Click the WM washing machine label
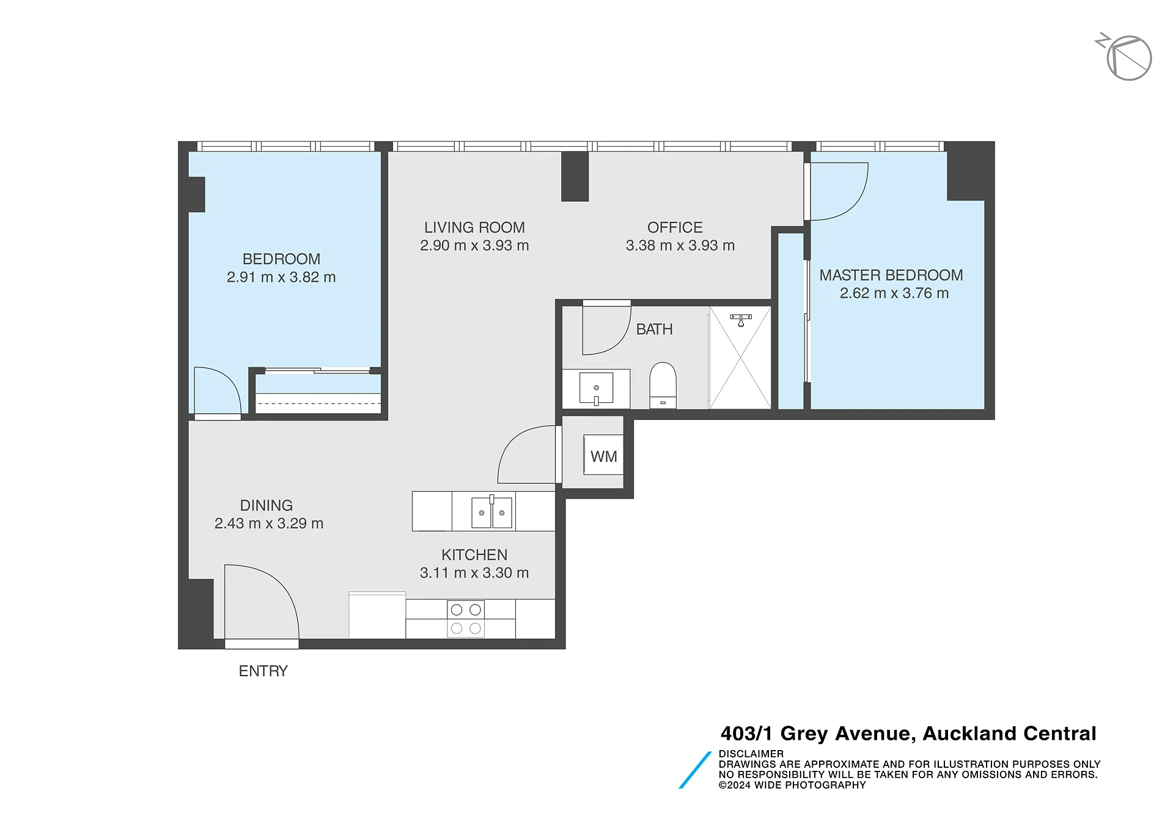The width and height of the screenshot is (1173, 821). click(x=603, y=457)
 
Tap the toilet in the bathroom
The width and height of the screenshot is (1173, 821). click(x=663, y=385)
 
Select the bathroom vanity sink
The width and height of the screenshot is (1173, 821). click(x=596, y=389)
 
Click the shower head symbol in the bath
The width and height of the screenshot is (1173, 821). click(x=741, y=320)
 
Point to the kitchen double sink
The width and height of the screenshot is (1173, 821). click(x=491, y=512)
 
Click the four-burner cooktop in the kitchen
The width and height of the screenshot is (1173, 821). click(x=466, y=619)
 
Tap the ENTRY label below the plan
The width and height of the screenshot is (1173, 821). click(x=263, y=671)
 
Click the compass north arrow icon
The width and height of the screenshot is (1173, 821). click(x=1125, y=57)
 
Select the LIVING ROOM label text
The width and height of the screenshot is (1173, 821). click(x=474, y=227)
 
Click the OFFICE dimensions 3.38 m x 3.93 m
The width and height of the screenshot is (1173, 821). click(x=680, y=246)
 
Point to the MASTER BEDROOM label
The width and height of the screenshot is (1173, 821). click(x=891, y=275)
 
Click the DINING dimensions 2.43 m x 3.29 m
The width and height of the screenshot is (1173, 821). click(x=268, y=524)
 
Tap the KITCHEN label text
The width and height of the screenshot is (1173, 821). click(x=474, y=555)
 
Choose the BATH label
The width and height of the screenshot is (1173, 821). click(x=654, y=330)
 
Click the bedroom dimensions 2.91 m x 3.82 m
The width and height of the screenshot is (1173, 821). click(x=281, y=278)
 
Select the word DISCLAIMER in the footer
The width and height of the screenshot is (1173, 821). click(x=751, y=754)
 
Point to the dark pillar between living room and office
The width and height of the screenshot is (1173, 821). click(x=575, y=176)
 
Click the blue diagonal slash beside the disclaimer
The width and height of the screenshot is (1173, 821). click(x=695, y=770)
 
